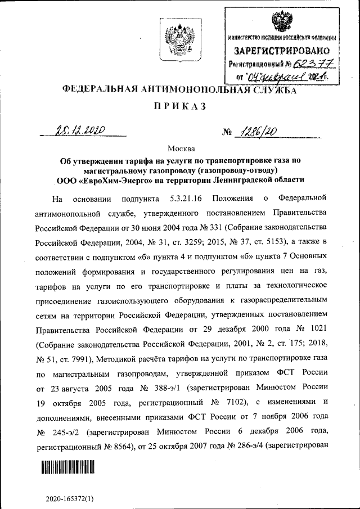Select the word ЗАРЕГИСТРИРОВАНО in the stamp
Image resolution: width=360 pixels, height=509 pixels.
[x=282, y=51]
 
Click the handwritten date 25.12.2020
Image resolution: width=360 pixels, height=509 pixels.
[x=83, y=131]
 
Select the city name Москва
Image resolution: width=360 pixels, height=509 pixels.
[x=181, y=149]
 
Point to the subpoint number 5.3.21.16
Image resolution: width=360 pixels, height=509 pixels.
[x=187, y=199]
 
